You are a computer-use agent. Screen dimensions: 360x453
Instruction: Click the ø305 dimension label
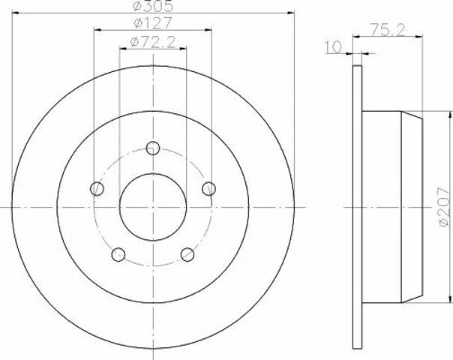pyautogui.click(x=152, y=7)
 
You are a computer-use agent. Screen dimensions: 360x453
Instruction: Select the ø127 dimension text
pyautogui.click(x=152, y=25)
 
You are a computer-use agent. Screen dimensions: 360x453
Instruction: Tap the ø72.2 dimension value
pyautogui.click(x=152, y=43)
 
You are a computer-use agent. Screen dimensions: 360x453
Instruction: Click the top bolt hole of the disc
pyautogui.click(x=153, y=147)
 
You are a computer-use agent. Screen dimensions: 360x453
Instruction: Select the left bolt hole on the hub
pyautogui.click(x=97, y=188)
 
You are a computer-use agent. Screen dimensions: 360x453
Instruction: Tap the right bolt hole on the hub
pyautogui.click(x=209, y=188)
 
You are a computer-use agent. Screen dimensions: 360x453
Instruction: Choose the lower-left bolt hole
pyautogui.click(x=118, y=255)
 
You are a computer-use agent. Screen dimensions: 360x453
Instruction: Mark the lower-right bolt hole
pyautogui.click(x=187, y=255)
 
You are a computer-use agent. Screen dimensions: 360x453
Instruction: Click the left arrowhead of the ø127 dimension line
pyautogui.click(x=97, y=31)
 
